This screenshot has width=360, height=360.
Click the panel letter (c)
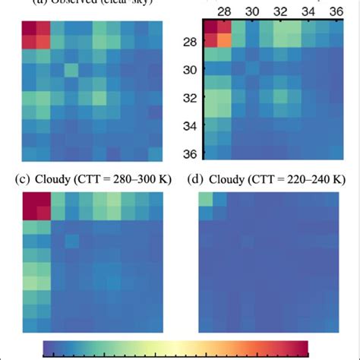(23, 179)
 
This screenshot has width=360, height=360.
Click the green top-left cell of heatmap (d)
(204, 199)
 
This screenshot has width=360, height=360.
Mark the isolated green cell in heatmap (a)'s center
(71, 70)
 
